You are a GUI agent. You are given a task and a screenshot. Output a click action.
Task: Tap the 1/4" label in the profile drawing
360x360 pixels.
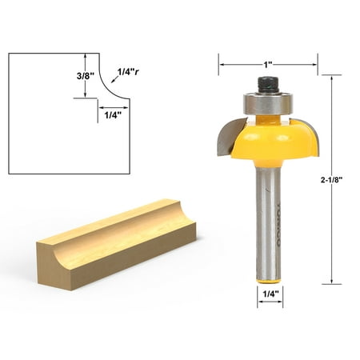[x=113, y=114]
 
